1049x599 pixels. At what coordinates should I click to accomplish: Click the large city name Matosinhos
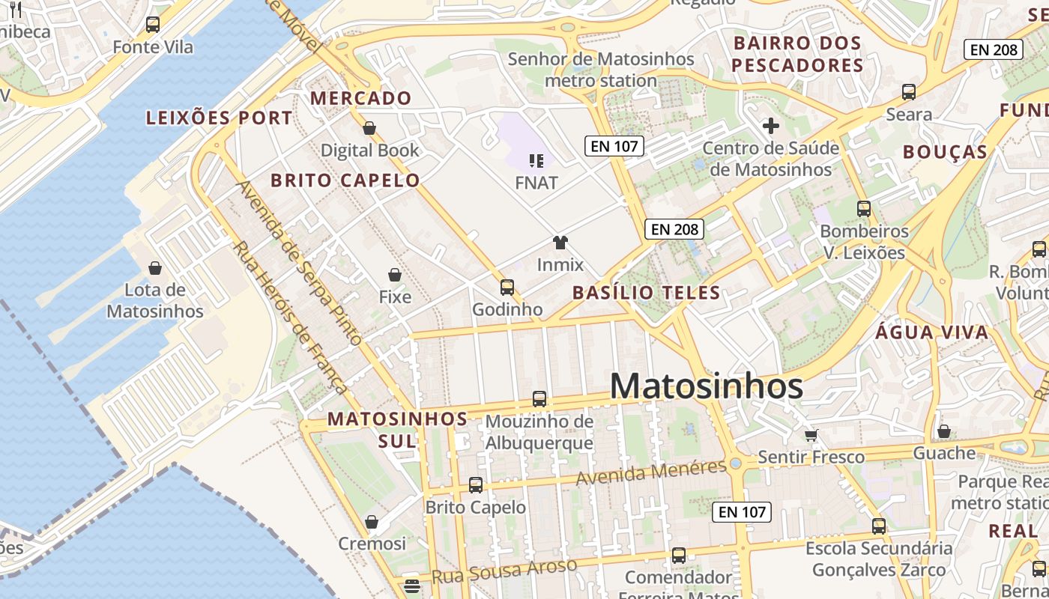click(x=706, y=386)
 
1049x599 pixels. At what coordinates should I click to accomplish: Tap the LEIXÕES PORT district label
click(x=220, y=118)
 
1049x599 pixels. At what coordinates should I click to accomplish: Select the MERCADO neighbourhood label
click(x=361, y=98)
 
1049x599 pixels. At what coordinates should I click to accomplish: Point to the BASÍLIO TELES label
click(x=646, y=293)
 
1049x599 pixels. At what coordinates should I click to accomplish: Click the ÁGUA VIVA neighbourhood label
click(x=931, y=332)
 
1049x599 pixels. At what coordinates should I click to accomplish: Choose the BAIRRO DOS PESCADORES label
click(x=797, y=54)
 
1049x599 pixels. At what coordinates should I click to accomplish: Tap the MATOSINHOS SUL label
click(x=397, y=430)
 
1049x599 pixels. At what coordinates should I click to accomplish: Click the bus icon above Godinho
click(x=507, y=287)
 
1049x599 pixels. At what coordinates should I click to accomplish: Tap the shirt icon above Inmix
click(x=560, y=242)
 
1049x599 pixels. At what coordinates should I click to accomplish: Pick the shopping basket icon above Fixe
click(x=395, y=275)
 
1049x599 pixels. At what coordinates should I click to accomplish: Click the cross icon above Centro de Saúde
click(x=770, y=126)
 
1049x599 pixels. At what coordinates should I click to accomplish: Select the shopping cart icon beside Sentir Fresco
click(x=811, y=434)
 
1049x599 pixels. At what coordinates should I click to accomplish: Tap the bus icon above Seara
click(x=909, y=92)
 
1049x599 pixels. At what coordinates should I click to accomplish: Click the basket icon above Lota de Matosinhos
click(x=155, y=267)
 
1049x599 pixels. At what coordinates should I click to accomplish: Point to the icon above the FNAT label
click(x=536, y=159)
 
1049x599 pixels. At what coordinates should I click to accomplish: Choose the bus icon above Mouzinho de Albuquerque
click(x=539, y=399)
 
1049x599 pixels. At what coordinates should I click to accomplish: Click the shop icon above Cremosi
click(x=372, y=521)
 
